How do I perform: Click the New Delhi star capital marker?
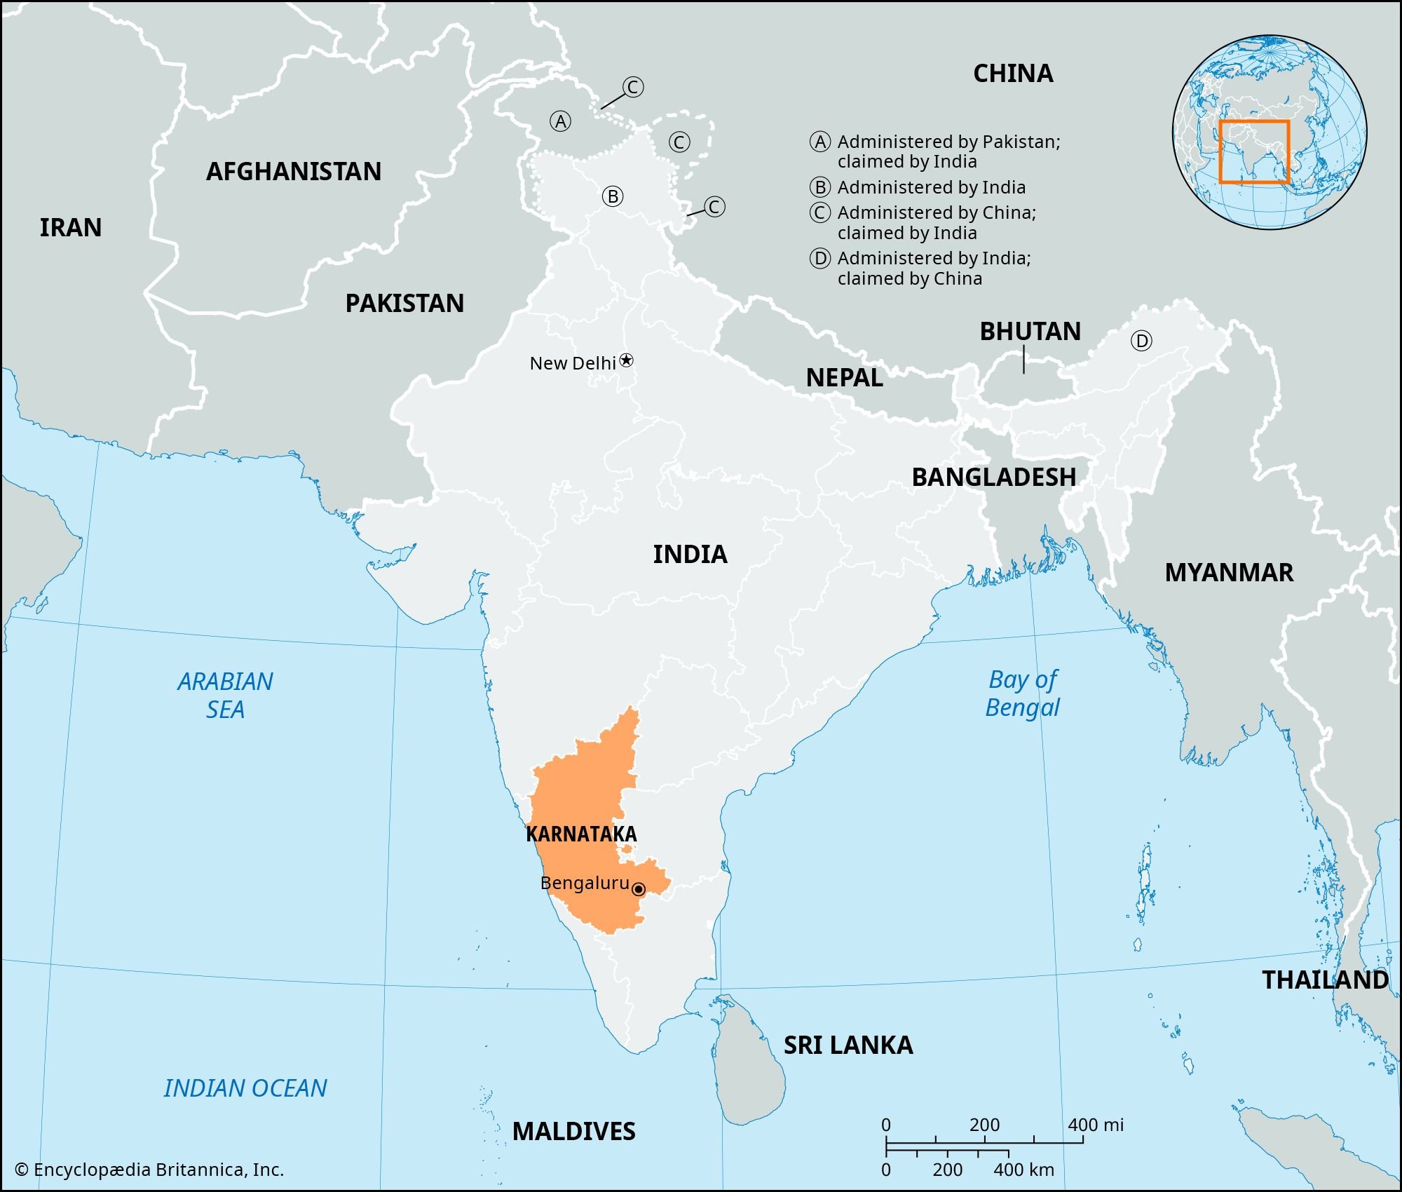click(x=627, y=360)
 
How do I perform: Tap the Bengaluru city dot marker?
click(x=639, y=889)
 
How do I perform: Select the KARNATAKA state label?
click(x=581, y=834)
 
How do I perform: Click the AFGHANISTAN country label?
click(x=293, y=171)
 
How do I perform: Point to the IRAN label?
click(x=70, y=227)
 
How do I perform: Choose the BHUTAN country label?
click(x=1030, y=331)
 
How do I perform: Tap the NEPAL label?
click(x=844, y=377)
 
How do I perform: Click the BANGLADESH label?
click(x=993, y=477)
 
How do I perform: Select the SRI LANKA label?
click(x=848, y=1045)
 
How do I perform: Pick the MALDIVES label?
click(x=573, y=1131)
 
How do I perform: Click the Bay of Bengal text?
click(x=1022, y=693)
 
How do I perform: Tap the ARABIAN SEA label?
click(x=225, y=695)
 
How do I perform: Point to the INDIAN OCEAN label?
click(x=245, y=1088)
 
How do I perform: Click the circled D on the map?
click(x=1141, y=341)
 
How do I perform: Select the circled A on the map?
click(x=560, y=121)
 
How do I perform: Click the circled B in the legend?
click(x=820, y=187)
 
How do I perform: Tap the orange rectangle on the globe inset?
click(x=1254, y=152)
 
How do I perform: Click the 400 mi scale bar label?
click(x=1095, y=1125)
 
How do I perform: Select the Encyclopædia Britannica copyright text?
click(x=149, y=1170)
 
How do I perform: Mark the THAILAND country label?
click(x=1325, y=980)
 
